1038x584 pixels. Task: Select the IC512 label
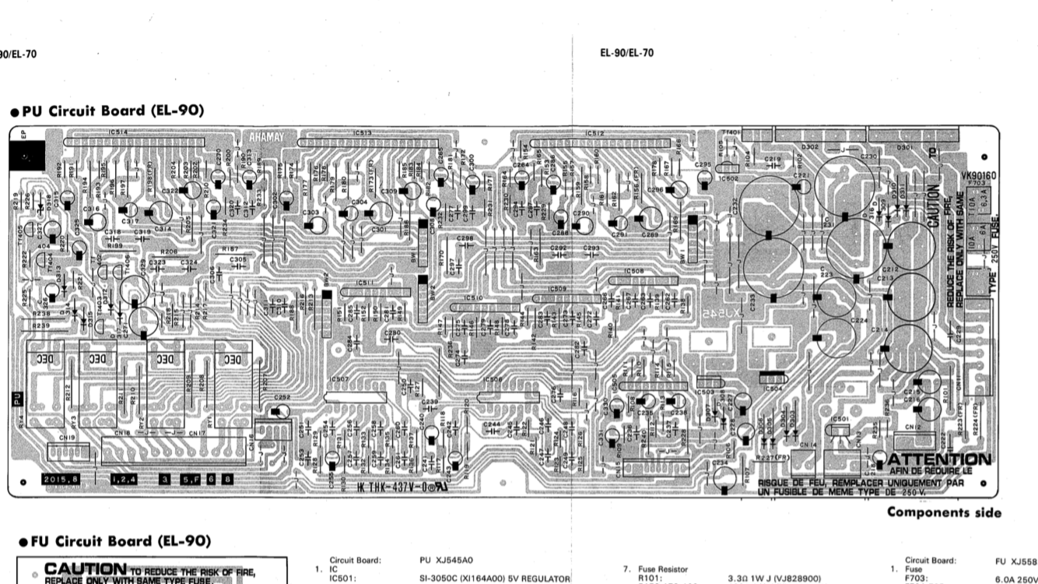coord(595,132)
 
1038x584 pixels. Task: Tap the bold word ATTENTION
coord(939,460)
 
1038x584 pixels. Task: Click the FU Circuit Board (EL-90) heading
coord(112,540)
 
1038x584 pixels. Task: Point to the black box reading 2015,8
coord(61,479)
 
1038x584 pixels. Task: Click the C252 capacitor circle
coord(282,410)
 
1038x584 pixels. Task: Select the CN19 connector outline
coord(68,451)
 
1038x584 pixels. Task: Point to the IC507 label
coord(339,379)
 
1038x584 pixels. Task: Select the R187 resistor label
coord(230,248)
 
